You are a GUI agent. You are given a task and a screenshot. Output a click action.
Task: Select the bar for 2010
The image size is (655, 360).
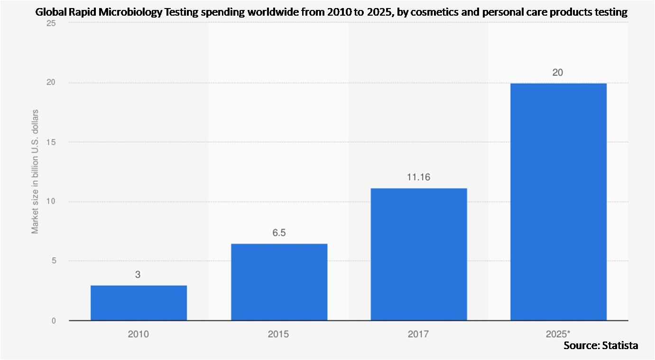click(x=138, y=303)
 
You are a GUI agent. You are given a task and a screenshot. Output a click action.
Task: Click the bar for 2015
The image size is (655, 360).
click(x=279, y=282)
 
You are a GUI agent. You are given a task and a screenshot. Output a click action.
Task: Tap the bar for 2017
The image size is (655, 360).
click(x=418, y=254)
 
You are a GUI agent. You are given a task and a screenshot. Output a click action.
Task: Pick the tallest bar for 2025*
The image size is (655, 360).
click(x=558, y=202)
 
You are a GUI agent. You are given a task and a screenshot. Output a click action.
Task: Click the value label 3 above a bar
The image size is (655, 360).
click(x=138, y=274)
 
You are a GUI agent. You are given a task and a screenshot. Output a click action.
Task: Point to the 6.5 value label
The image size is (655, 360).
click(x=279, y=233)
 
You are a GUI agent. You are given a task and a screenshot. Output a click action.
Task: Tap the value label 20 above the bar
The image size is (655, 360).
click(x=557, y=73)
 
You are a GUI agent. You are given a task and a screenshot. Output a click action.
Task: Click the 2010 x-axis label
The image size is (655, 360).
click(x=138, y=334)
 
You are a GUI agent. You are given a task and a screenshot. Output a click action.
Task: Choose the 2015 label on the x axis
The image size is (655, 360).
click(x=278, y=334)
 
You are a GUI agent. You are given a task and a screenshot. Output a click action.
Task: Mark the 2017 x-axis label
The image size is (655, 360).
click(x=418, y=334)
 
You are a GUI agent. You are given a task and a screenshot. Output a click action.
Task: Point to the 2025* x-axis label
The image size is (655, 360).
click(x=558, y=334)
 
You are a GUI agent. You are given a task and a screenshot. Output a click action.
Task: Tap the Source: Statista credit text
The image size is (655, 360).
click(x=600, y=346)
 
